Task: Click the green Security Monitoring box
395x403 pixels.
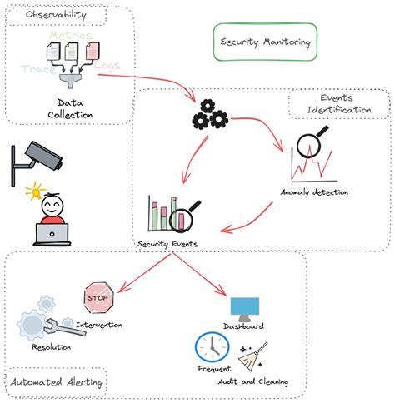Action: [x=264, y=42]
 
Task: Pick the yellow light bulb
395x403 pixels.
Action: [x=34, y=193]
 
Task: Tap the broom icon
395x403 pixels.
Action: [x=253, y=357]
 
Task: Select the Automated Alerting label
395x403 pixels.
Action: [x=56, y=383]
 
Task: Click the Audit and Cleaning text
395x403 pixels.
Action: [x=254, y=382]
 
